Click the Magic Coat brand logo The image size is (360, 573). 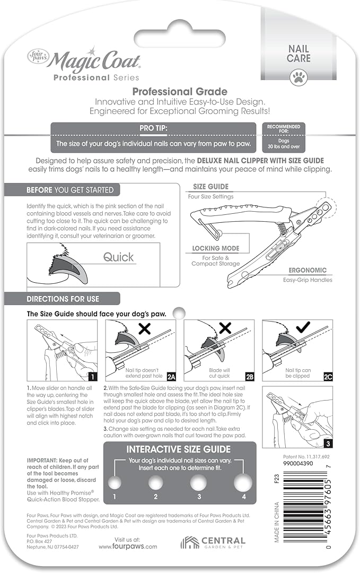click(x=85, y=64)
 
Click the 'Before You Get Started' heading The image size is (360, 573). click(x=70, y=189)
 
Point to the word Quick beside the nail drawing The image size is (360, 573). click(x=119, y=257)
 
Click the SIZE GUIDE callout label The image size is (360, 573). click(x=211, y=187)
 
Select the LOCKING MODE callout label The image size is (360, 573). click(x=215, y=248)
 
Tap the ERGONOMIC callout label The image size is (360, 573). click(x=308, y=270)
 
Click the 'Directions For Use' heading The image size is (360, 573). click(x=63, y=299)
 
